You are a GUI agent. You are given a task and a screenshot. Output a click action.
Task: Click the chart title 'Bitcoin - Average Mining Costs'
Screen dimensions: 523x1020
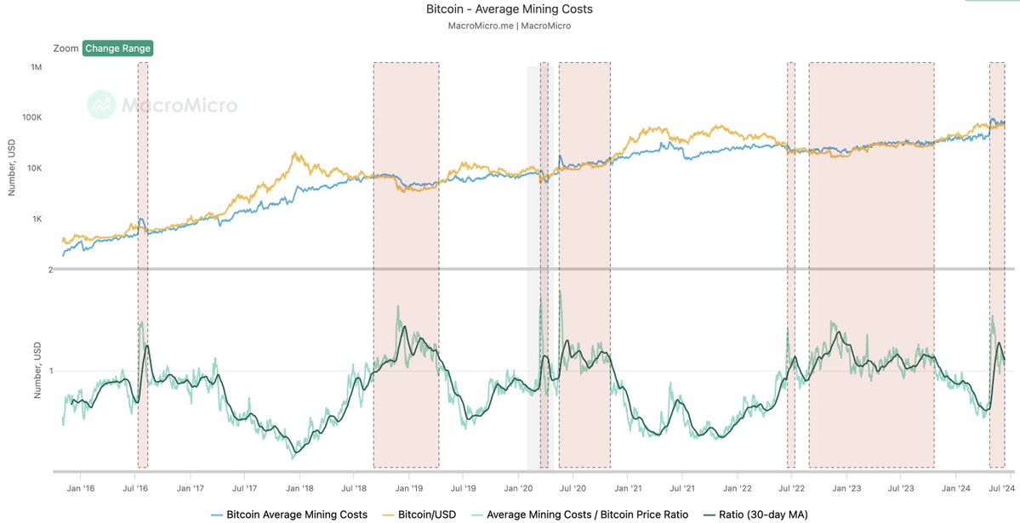[x=509, y=9]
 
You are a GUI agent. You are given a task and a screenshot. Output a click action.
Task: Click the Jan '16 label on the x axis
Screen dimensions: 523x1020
[x=80, y=488]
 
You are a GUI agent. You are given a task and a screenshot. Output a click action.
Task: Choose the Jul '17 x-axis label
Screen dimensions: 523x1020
[x=244, y=488]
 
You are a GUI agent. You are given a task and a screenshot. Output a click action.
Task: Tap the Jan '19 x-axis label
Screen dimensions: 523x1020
[x=410, y=488]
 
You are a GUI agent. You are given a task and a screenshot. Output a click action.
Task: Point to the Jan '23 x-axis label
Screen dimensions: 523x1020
[x=847, y=488]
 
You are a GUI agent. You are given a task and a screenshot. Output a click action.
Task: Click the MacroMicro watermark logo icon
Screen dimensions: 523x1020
[x=102, y=105]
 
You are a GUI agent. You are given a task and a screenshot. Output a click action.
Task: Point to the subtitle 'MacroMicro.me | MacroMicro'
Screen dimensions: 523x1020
[x=509, y=26]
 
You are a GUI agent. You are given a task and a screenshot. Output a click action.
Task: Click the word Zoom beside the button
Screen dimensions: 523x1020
[x=65, y=48]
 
